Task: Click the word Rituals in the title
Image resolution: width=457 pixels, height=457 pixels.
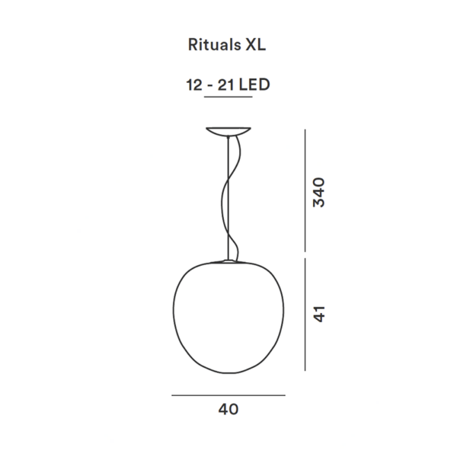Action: coord(213,46)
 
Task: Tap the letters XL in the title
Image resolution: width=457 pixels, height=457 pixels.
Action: coord(256,46)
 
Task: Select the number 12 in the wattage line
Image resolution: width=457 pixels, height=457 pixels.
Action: coord(192,86)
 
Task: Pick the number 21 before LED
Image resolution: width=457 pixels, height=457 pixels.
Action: coord(225,86)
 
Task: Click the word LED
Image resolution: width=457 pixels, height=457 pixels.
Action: coord(255,86)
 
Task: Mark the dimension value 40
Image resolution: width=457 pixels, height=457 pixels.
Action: coord(228,409)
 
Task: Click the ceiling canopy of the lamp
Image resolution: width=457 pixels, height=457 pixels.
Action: coord(228,130)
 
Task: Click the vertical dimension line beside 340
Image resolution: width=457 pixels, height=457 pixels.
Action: coord(305,190)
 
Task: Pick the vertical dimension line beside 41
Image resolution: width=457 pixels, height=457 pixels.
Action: coord(305,314)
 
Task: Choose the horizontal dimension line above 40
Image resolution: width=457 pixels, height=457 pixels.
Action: coord(228,395)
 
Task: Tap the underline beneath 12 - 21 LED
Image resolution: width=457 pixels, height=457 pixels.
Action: coord(228,98)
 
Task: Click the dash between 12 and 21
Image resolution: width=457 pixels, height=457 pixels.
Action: coord(208,87)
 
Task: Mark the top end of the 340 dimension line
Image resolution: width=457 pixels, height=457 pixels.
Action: coord(305,130)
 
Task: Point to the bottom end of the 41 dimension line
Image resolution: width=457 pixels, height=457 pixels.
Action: coord(305,370)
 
